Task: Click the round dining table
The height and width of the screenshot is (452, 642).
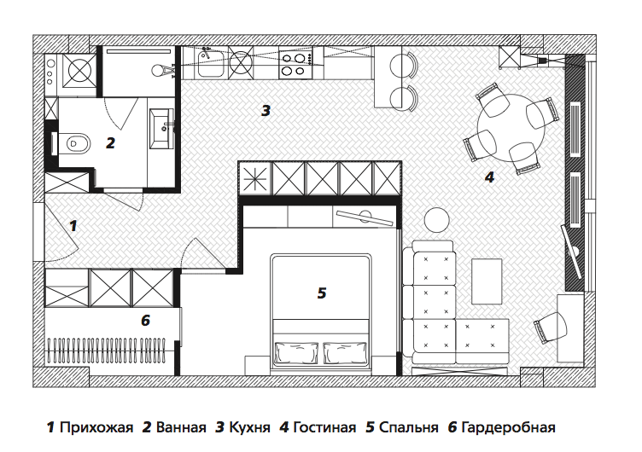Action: point(511,127)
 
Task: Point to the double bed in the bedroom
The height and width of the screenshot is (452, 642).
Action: point(321,313)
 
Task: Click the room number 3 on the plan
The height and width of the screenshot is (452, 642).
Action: point(266,111)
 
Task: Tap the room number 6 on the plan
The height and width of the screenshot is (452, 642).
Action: point(146,321)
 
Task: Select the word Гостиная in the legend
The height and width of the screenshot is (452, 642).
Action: point(324,428)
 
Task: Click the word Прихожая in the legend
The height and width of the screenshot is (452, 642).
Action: point(96,428)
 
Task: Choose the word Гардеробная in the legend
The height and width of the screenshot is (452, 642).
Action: point(508,428)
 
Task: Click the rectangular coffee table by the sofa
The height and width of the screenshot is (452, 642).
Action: point(487,281)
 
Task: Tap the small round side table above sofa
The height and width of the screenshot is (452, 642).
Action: point(437,220)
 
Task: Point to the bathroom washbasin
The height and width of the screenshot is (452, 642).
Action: point(162,129)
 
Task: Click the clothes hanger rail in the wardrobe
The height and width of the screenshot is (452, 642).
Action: point(107,350)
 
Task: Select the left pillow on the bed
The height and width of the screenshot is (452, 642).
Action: point(297,352)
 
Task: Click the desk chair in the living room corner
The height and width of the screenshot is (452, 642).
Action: point(551,327)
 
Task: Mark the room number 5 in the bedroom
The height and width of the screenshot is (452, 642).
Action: point(322,293)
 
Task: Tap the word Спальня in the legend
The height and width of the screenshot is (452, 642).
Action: point(409,428)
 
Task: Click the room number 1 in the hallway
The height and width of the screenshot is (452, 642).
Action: point(73,225)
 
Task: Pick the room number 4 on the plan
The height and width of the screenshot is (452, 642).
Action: point(489,177)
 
